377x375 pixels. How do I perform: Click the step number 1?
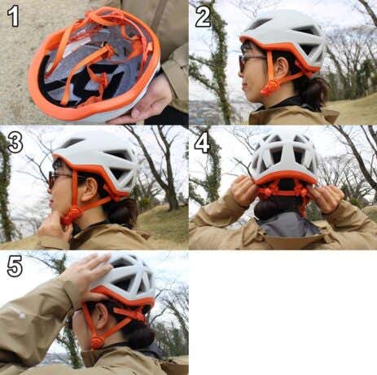pyautogui.click(x=13, y=16)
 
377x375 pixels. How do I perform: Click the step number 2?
pyautogui.click(x=203, y=16)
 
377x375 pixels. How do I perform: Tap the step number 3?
pyautogui.click(x=15, y=142)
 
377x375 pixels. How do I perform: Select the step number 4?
pyautogui.click(x=202, y=143)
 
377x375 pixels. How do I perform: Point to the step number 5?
pyautogui.click(x=15, y=267)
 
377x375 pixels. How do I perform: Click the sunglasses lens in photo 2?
pyautogui.click(x=242, y=64)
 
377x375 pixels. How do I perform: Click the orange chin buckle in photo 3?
pyautogui.click(x=68, y=217)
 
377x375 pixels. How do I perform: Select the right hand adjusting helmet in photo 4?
pyautogui.click(x=327, y=196)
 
